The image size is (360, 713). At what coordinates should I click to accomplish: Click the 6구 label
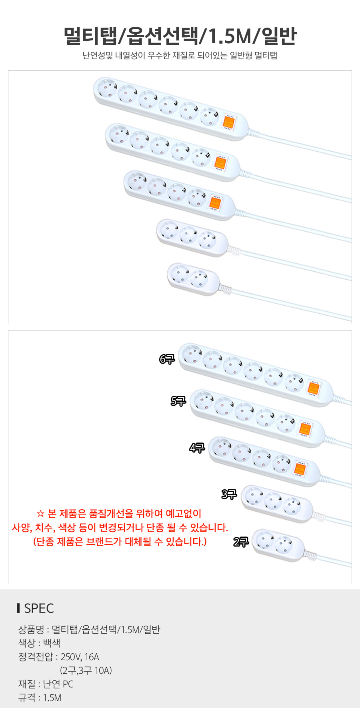click(167, 359)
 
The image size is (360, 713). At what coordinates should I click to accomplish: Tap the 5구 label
click(178, 401)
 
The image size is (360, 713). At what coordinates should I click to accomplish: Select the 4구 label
click(197, 448)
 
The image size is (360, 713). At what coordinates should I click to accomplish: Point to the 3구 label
click(229, 494)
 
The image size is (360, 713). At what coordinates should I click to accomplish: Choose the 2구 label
click(241, 542)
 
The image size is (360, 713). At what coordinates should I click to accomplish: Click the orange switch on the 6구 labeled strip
click(313, 388)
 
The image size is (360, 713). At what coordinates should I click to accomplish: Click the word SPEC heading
click(39, 609)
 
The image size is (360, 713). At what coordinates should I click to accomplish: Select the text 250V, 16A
click(80, 657)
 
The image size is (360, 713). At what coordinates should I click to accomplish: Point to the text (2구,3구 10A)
click(86, 671)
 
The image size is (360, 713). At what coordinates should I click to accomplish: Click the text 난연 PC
click(58, 684)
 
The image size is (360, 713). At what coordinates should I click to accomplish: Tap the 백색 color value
click(52, 643)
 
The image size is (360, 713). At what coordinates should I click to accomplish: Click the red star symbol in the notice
click(40, 514)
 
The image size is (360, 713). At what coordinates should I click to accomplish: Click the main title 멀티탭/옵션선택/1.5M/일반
click(180, 36)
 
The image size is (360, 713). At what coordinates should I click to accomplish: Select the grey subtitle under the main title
click(180, 56)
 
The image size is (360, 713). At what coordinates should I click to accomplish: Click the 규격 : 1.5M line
click(40, 698)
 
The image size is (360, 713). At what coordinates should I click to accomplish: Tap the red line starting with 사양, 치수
click(120, 528)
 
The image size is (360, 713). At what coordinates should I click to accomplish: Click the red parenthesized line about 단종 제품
click(120, 542)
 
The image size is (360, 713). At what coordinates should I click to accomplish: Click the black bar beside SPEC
click(18, 608)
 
